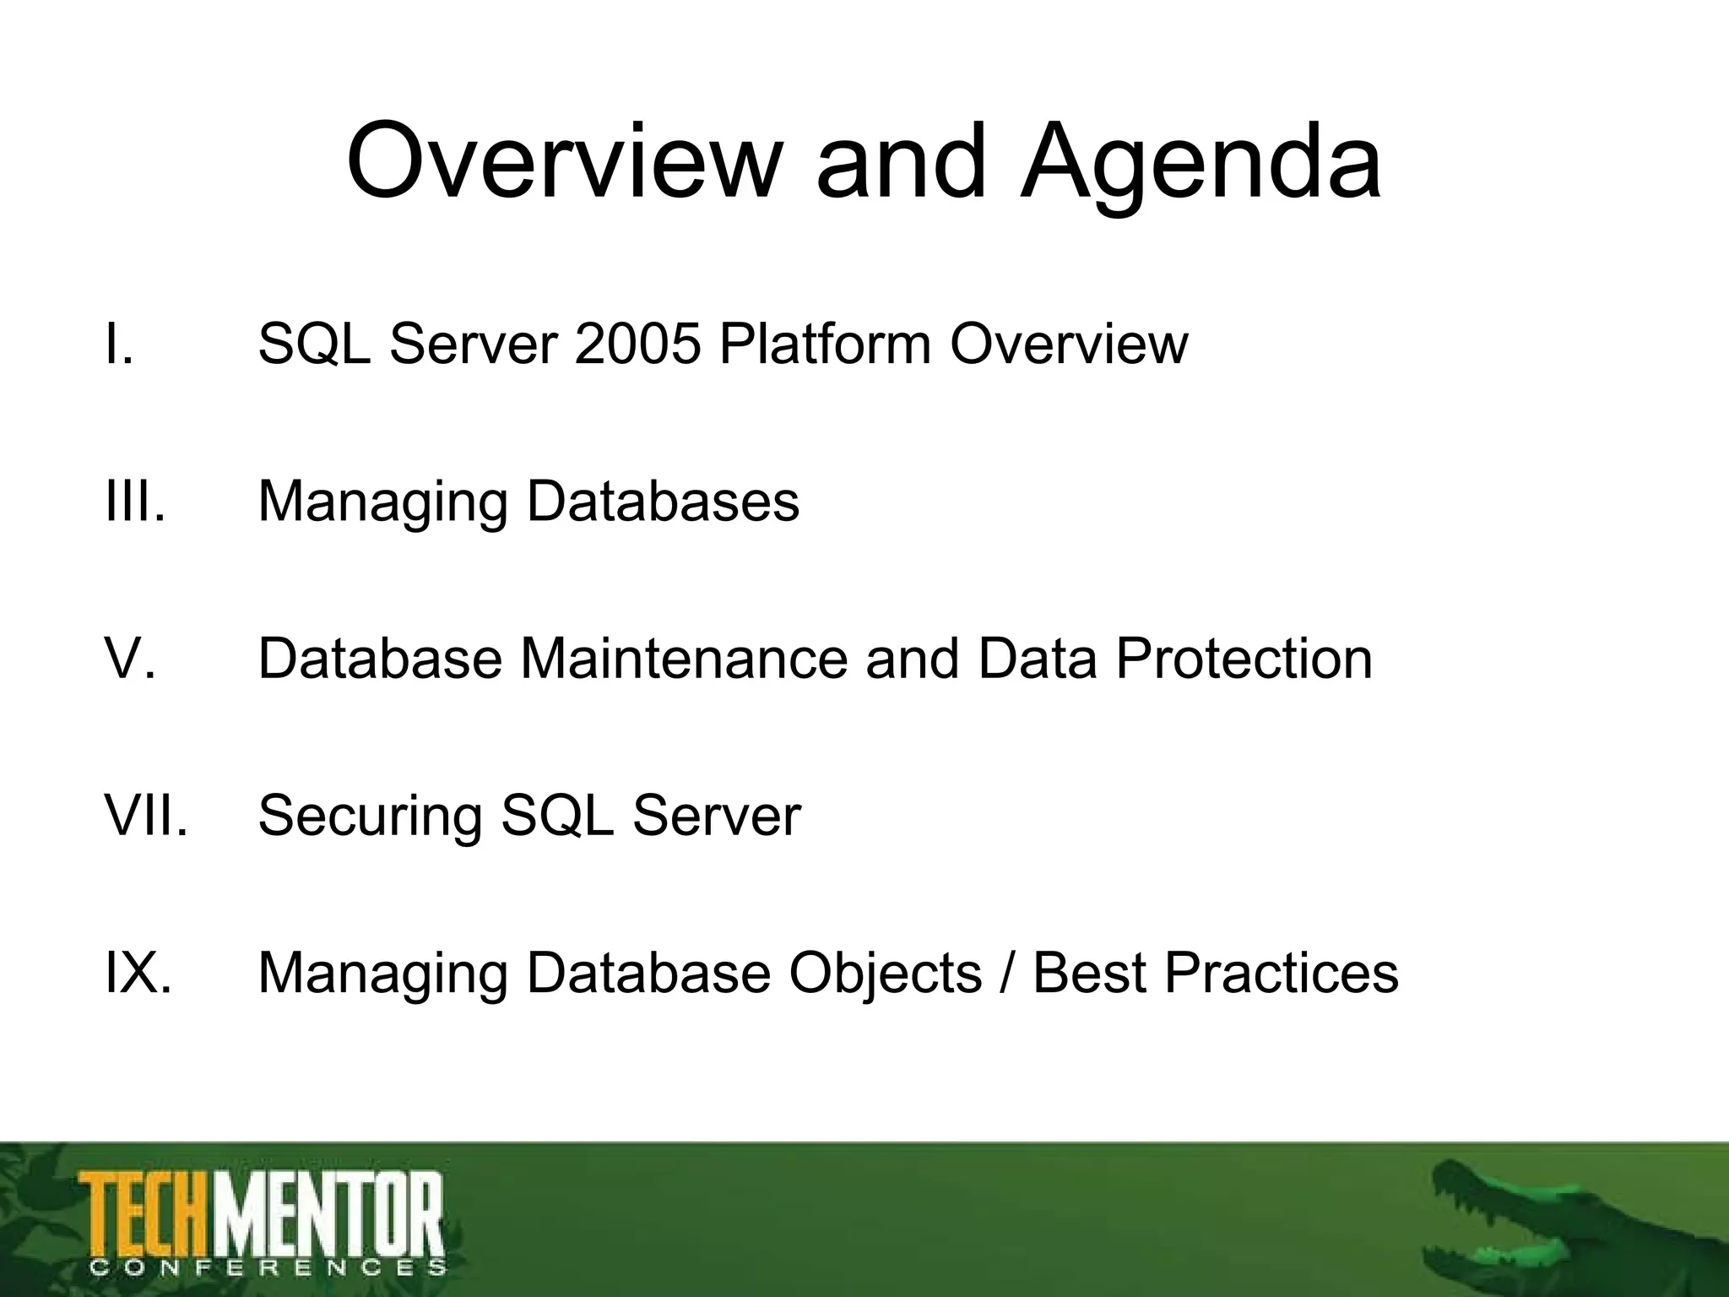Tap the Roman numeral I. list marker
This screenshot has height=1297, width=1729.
pyautogui.click(x=119, y=345)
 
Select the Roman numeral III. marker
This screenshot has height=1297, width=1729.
pyautogui.click(x=134, y=501)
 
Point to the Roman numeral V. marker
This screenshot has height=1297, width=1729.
pyautogui.click(x=130, y=658)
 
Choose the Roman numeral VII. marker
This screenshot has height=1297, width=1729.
pyautogui.click(x=145, y=816)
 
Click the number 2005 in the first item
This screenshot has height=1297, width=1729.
pyautogui.click(x=637, y=345)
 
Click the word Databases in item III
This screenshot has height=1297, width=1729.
pyautogui.click(x=663, y=501)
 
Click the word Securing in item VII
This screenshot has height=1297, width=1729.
pyautogui.click(x=370, y=817)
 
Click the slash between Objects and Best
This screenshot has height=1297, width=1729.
pyautogui.click(x=1006, y=974)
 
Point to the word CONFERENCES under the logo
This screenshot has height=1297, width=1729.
pyautogui.click(x=267, y=1267)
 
